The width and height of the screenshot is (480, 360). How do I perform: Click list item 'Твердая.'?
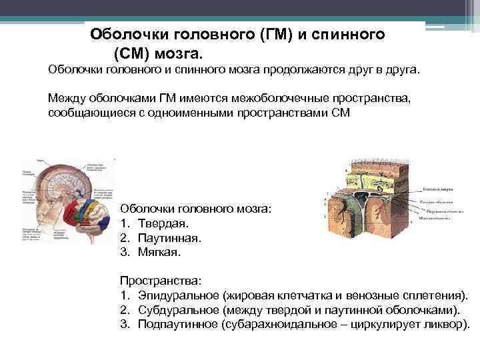tap(164, 223)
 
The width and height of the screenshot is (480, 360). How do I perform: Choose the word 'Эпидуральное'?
tap(179, 295)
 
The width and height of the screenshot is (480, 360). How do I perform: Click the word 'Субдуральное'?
tap(179, 310)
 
